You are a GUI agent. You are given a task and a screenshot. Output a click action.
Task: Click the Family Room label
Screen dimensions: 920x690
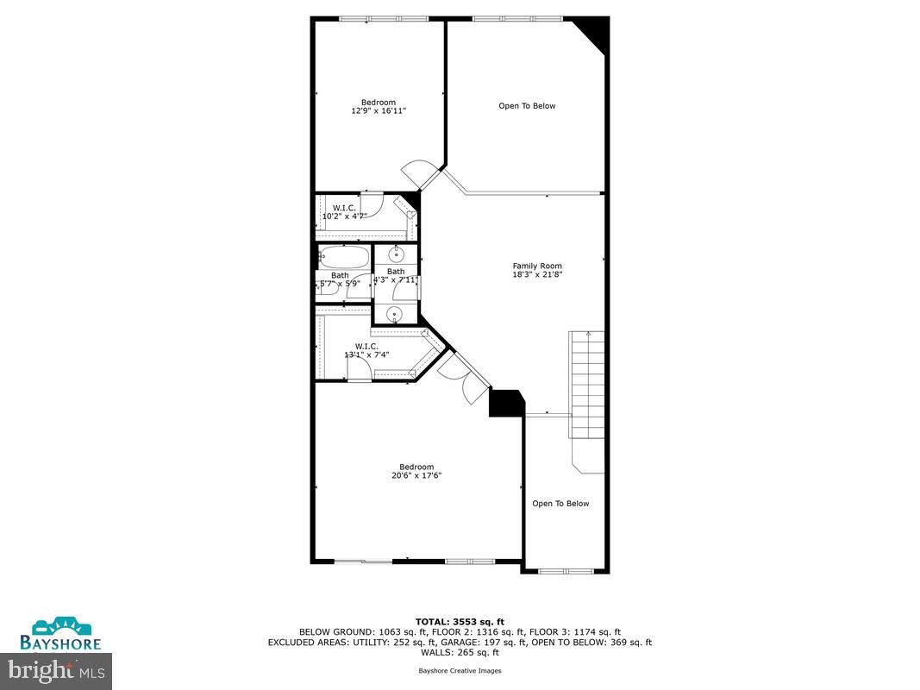pos(537,266)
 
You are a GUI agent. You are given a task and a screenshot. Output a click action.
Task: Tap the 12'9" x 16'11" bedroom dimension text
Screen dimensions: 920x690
pos(379,110)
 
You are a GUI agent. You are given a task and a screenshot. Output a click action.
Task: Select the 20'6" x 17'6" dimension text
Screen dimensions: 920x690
pos(416,475)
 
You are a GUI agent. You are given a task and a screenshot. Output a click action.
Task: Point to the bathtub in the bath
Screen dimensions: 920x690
pos(344,257)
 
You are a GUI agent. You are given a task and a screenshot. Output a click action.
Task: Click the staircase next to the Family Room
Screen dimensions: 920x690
pos(586,385)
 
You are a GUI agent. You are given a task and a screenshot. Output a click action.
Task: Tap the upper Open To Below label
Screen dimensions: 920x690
pos(527,106)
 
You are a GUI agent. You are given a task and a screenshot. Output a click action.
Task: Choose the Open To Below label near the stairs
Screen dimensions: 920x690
pos(560,504)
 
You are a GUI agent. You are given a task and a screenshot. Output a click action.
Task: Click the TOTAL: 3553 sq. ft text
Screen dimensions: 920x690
pos(460,622)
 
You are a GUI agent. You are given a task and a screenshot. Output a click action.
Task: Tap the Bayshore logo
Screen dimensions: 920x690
pos(60,634)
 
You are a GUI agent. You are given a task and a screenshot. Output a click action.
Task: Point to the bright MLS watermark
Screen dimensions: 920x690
pos(56,671)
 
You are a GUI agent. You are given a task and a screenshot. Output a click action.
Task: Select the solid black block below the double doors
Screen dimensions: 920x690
pos(506,403)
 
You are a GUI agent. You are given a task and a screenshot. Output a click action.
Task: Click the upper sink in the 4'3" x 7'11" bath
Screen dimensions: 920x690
pos(397,254)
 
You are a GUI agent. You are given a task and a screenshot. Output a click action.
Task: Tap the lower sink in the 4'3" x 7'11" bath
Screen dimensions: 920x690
pos(396,315)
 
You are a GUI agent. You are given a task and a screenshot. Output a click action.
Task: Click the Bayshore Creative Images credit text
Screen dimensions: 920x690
pos(460,671)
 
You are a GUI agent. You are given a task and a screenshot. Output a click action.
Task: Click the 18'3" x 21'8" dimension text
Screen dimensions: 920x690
pos(537,274)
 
